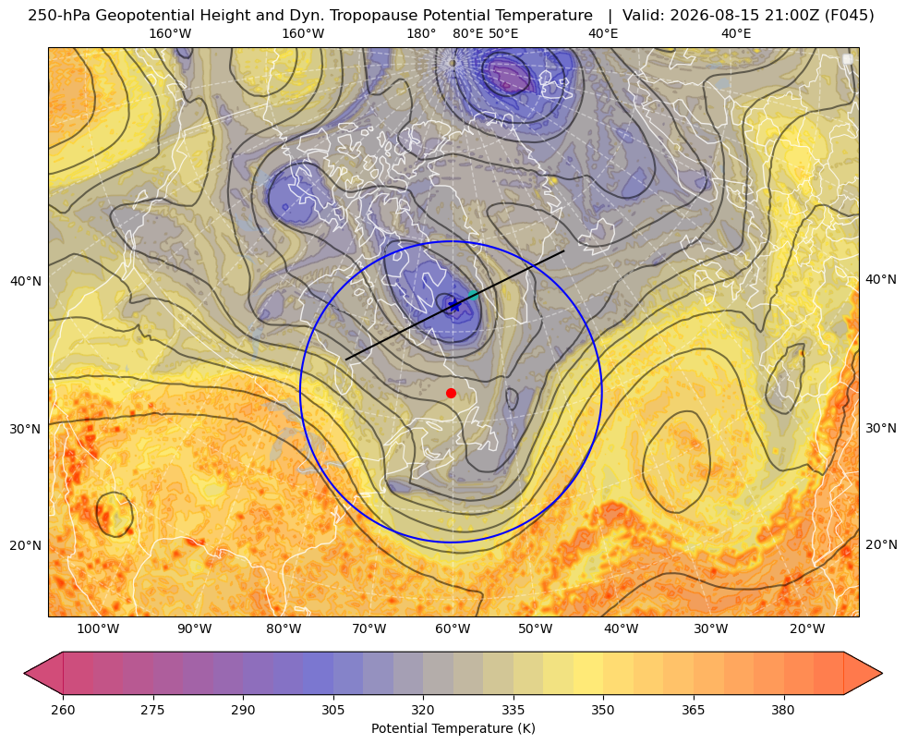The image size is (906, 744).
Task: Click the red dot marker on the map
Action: [452, 393]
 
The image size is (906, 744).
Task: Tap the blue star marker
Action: [454, 305]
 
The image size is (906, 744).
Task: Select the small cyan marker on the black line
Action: [473, 296]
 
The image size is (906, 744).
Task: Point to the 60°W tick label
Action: [453, 629]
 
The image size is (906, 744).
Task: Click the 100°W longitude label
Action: [98, 629]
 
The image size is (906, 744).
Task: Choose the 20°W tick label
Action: [807, 629]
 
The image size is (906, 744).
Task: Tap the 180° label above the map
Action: [421, 34]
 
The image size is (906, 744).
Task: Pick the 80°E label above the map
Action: [467, 34]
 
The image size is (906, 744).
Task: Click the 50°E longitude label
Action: [503, 34]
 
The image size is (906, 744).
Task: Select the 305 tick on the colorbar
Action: [333, 710]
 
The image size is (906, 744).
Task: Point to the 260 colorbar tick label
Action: [63, 710]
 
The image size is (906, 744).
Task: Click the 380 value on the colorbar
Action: [783, 710]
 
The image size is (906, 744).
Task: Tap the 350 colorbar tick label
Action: [603, 710]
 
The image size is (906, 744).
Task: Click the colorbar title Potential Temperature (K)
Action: [453, 728]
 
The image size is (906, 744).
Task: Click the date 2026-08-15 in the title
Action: [698, 16]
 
